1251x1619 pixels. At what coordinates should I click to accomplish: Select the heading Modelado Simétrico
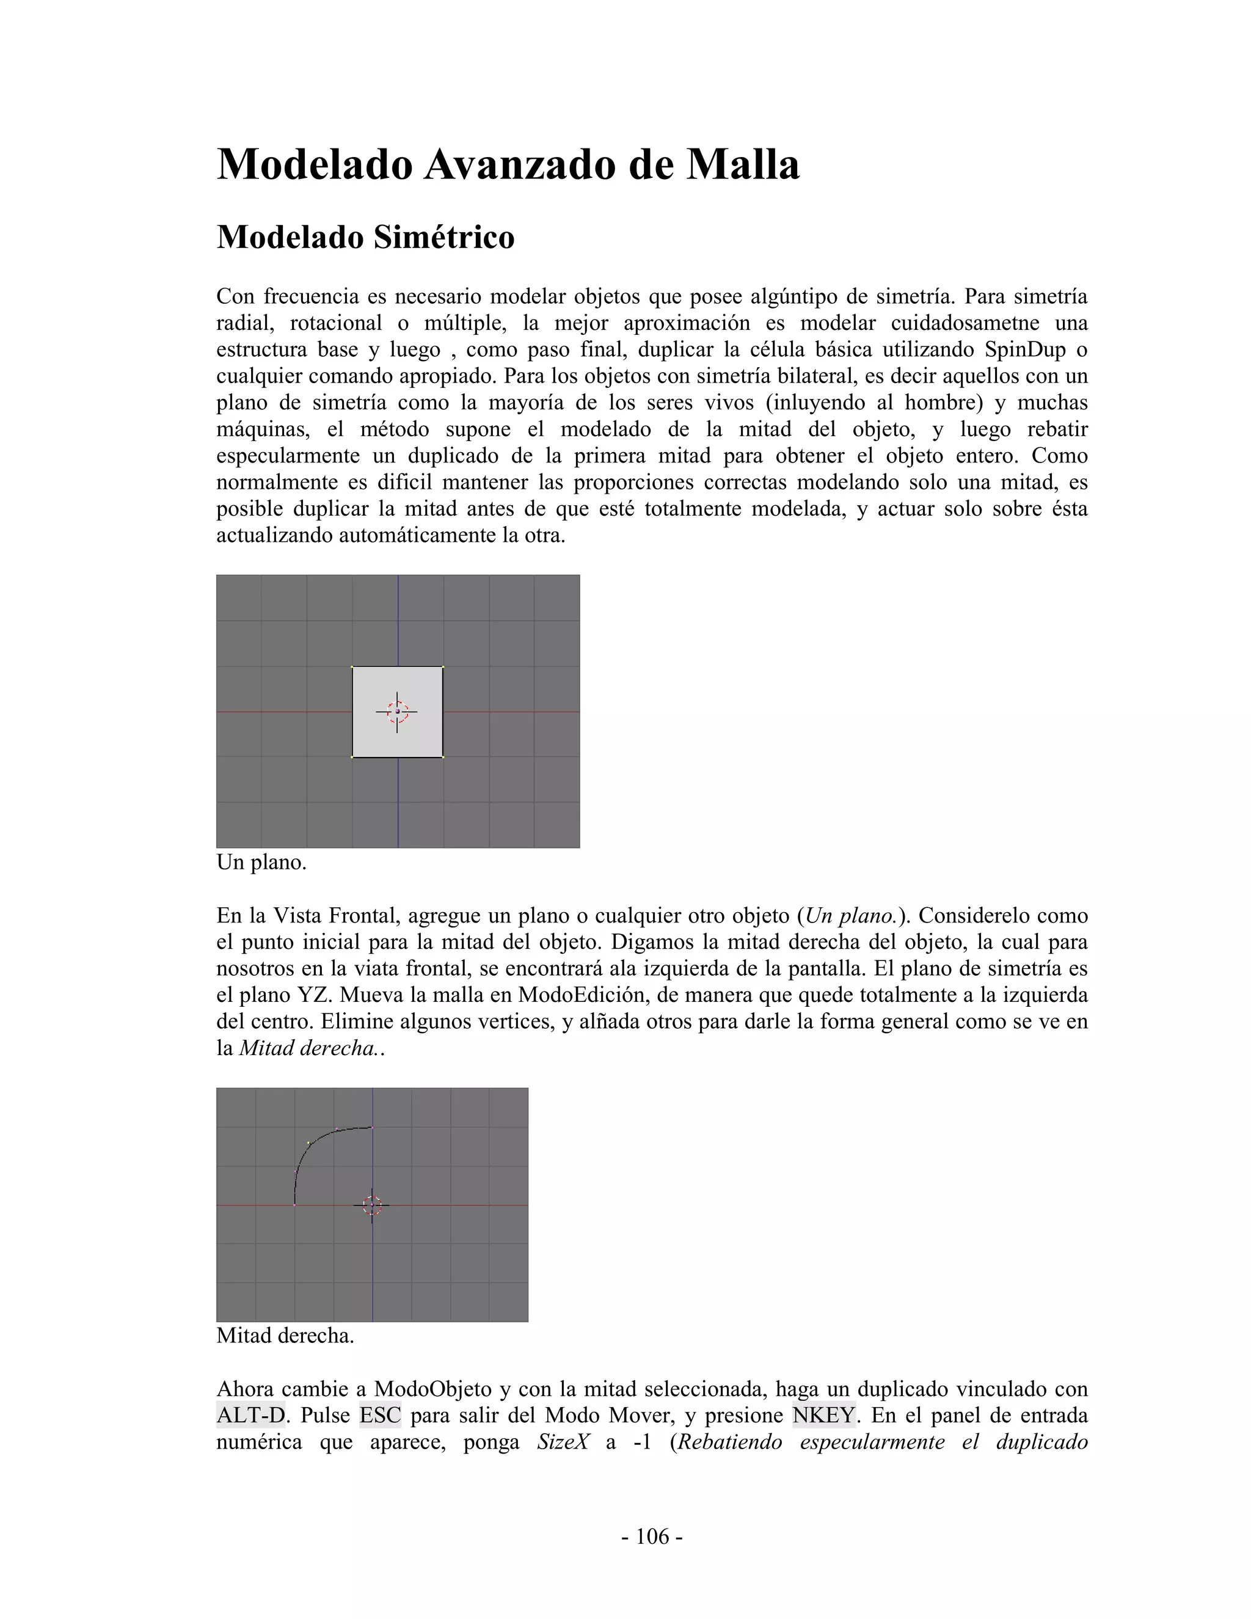(x=365, y=237)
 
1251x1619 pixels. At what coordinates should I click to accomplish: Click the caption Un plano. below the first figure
(x=261, y=862)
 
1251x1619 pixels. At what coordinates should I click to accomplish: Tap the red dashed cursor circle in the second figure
(x=372, y=1205)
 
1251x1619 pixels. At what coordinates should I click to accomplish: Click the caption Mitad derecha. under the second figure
(x=285, y=1335)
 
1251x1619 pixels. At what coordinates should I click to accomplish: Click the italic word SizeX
(x=563, y=1442)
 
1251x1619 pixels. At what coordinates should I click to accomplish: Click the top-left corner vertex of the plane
(x=352, y=667)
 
